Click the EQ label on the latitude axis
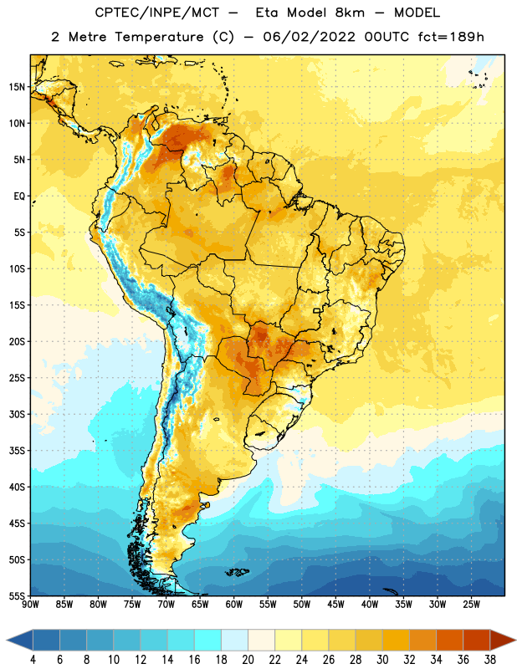pos(19,197)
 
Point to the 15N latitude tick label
pos(17,87)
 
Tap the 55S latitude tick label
pos(17,595)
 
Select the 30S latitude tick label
pos(17,414)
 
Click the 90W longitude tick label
pos(31,605)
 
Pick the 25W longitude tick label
pos(471,605)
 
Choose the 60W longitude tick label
pos(234,605)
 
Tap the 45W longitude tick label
pos(336,605)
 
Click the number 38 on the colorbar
pos(490,660)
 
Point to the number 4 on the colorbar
pos(33,660)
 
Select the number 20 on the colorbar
pos(248,660)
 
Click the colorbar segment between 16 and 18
pos(208,640)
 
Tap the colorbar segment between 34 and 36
pos(449,640)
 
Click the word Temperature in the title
pos(159,37)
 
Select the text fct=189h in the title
pos(451,37)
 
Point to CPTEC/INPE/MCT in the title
pos(157,13)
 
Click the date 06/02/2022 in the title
pos(309,37)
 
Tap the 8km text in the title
pos(350,13)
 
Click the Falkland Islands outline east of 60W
pos(238,572)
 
